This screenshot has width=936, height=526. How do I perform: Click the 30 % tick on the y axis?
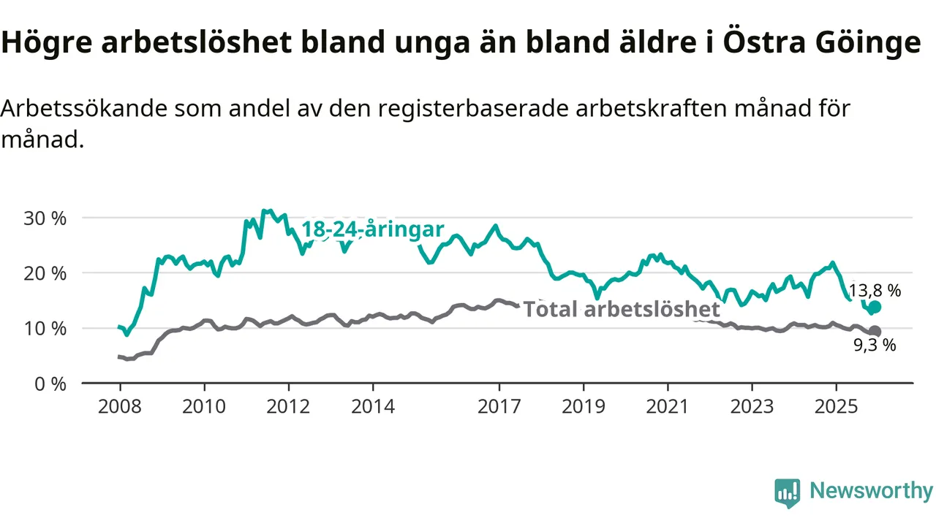pyautogui.click(x=46, y=218)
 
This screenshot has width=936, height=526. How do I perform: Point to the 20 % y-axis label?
pyautogui.click(x=46, y=273)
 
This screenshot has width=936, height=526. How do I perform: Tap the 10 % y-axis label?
pyautogui.click(x=46, y=328)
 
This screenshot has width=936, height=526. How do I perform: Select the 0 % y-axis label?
pyautogui.click(x=50, y=383)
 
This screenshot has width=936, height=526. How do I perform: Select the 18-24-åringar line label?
pyautogui.click(x=373, y=229)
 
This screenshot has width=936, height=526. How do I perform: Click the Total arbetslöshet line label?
pyautogui.click(x=622, y=310)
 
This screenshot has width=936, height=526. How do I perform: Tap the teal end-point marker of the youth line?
pyautogui.click(x=875, y=307)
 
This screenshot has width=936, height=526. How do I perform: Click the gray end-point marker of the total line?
pyautogui.click(x=875, y=332)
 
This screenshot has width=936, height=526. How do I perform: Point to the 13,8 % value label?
pyautogui.click(x=875, y=291)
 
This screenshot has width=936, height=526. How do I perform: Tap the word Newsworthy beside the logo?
pyautogui.click(x=871, y=491)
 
